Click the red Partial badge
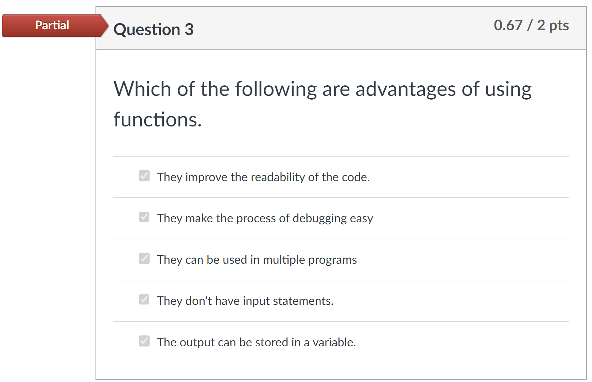pos(54,25)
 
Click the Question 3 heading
pos(154,29)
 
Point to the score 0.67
pos(508,25)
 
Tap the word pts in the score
pos(559,26)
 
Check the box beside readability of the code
pos(144,176)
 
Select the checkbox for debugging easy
pos(144,217)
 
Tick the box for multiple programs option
pos(144,258)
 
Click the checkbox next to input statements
pos(144,299)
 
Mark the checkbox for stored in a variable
pos(144,341)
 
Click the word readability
pos(278,177)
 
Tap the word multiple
pos(284,260)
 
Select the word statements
pos(303,301)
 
